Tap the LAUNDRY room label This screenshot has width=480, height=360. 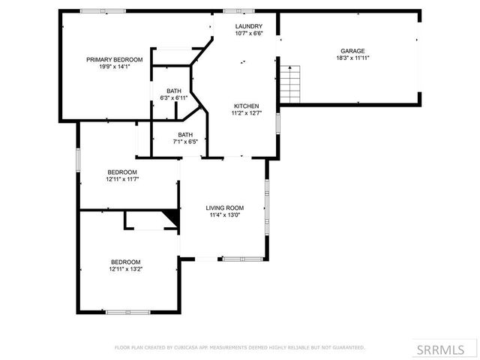pos(247,25)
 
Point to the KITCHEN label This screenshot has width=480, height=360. pos(246,106)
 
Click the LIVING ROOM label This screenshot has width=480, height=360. pos(225,208)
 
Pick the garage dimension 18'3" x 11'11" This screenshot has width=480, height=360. pos(352,58)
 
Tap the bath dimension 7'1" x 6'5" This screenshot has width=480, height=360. pos(184,142)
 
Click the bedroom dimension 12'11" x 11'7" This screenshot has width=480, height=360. pos(124,179)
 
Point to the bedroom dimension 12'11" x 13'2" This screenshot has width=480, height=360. pos(125,268)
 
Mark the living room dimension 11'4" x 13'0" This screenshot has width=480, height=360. pos(225,215)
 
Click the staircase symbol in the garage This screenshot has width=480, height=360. pos(290,84)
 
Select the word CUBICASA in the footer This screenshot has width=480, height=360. pos(187,348)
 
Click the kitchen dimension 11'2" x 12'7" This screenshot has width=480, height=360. pos(246,113)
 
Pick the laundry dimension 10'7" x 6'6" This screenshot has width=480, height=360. pos(247,33)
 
